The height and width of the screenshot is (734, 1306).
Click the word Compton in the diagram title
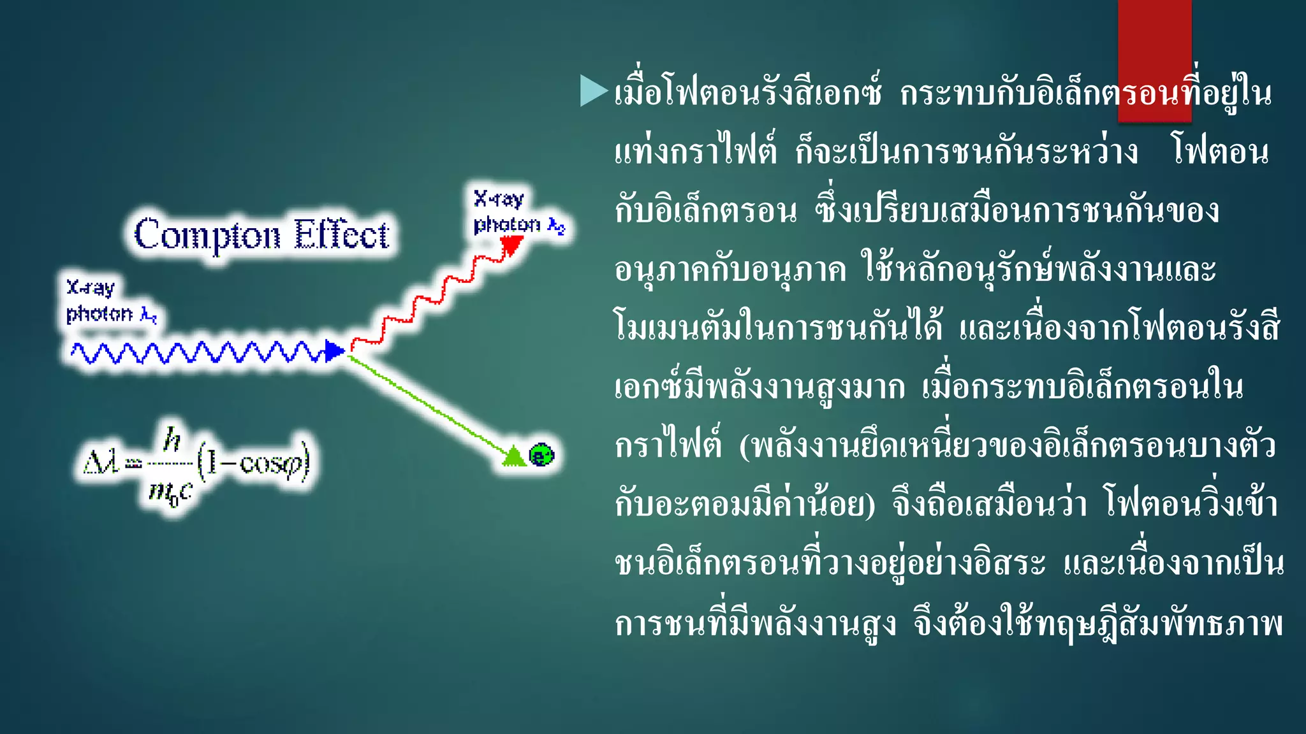coord(207,236)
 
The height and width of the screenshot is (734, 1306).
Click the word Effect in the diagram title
coord(341,234)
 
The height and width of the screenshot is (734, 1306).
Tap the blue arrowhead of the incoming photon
coord(334,350)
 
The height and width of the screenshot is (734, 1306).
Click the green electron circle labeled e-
coord(541,455)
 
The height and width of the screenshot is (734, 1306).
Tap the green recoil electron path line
coord(427,405)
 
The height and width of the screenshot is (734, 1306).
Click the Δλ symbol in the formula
coord(101,461)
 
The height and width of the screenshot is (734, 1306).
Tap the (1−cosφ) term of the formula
coord(253,461)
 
